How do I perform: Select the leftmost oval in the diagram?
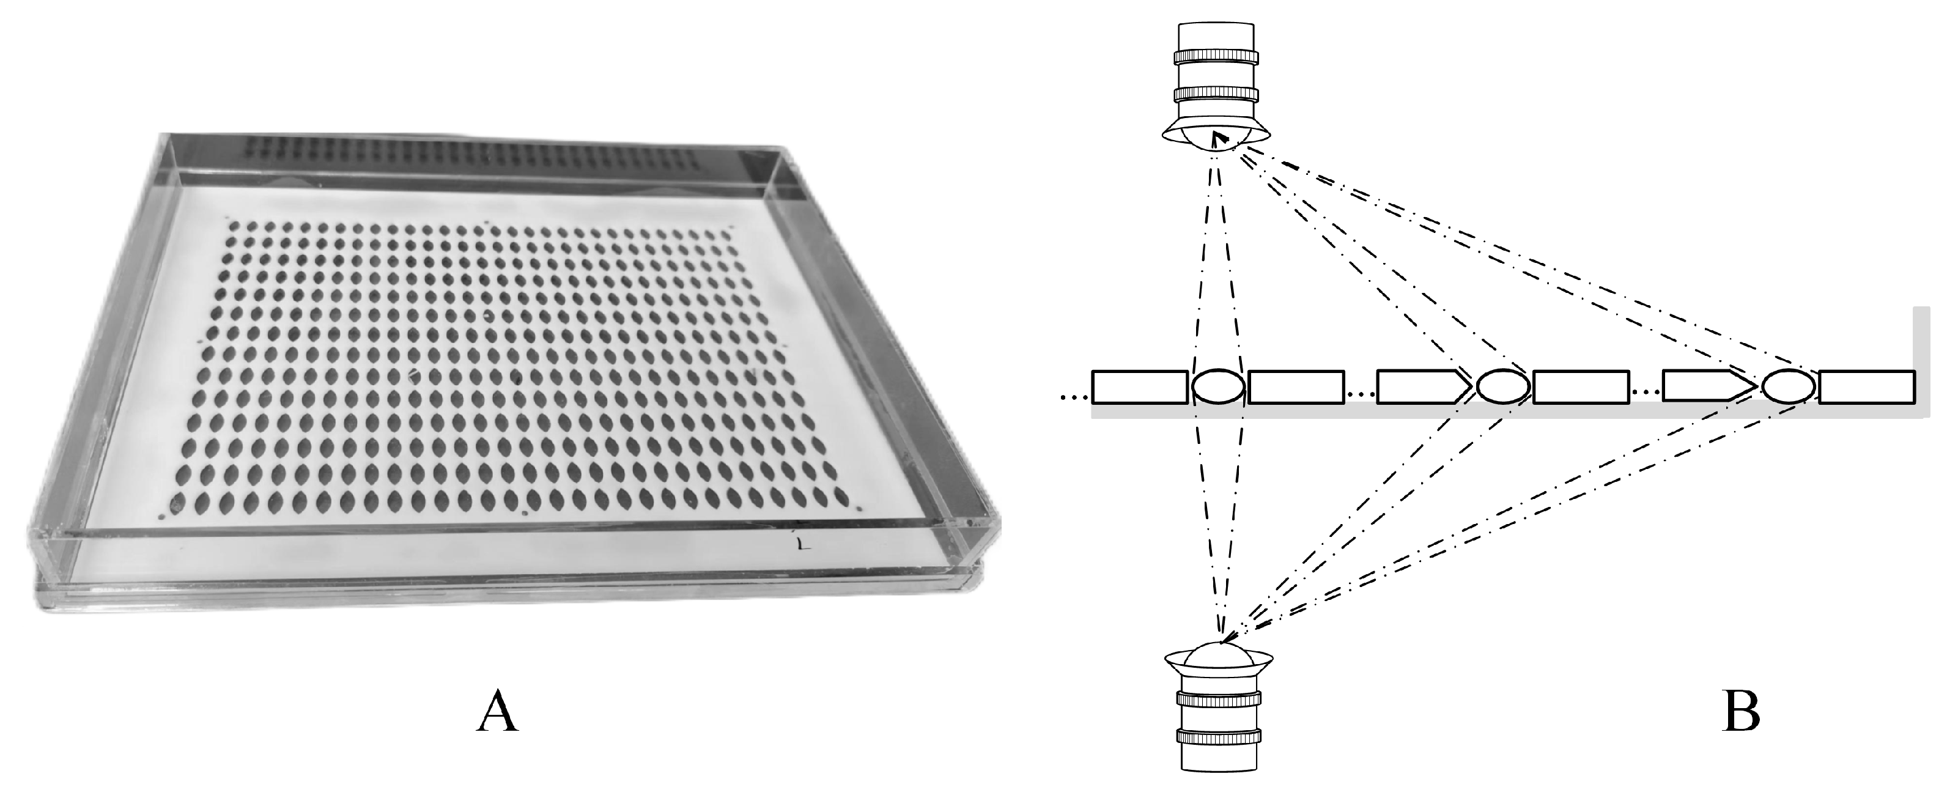coord(1217,387)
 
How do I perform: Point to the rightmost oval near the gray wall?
coord(1789,387)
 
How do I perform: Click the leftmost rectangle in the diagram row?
coord(1139,387)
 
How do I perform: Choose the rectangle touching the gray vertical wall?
coord(1866,387)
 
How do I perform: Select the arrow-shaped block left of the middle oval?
coord(1424,387)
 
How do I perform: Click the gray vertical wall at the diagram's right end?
coord(1921,361)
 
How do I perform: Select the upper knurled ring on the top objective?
coord(1216,57)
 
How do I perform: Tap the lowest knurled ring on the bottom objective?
coord(1219,737)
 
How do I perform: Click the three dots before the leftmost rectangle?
coord(1073,396)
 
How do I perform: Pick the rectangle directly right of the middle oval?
coord(1581,387)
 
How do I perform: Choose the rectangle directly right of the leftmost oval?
coord(1296,387)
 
